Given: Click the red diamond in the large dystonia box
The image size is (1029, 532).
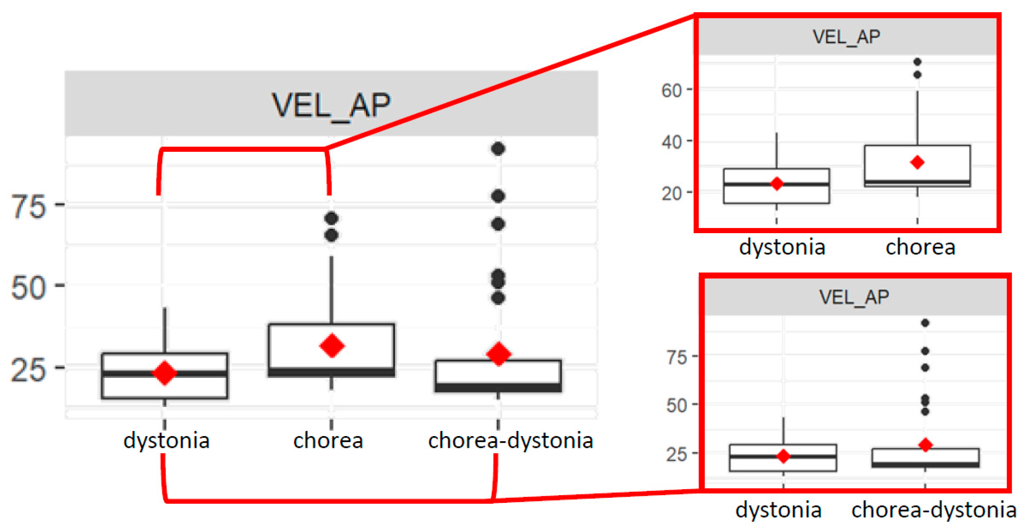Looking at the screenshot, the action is coord(165,372).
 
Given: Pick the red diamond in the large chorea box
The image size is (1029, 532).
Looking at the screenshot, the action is coord(332,345).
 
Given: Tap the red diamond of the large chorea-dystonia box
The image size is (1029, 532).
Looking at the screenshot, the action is coord(499,354).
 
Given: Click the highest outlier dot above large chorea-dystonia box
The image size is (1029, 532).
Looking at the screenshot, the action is coord(498,149).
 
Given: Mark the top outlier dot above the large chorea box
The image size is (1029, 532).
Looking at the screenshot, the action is coord(332,218).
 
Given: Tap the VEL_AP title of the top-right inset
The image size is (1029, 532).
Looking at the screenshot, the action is coord(846,37).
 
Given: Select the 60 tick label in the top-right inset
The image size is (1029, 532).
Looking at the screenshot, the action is coord(671,90).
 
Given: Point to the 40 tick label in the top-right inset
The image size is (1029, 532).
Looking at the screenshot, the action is coord(671,142).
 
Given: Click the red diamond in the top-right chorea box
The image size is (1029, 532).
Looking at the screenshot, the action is coord(917,162).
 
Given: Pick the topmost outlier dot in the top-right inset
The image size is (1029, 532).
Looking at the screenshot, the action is coord(917,62).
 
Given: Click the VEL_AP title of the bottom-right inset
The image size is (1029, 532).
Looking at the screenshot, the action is coord(854,297).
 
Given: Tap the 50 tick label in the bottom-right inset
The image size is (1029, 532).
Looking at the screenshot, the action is coord(676,405).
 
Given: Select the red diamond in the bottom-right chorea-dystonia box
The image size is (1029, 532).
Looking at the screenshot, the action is coord(925,445).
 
